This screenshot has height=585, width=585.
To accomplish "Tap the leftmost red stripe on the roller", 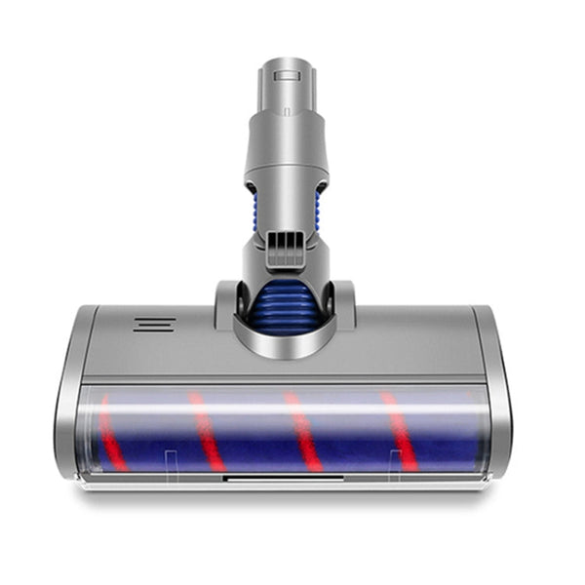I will point(112,435).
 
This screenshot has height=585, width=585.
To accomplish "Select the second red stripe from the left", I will point(205,432).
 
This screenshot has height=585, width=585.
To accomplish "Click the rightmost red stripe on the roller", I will point(400,431).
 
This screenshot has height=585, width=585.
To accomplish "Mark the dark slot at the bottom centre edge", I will point(283,479).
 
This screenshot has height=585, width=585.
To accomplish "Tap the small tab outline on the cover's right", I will point(396,458).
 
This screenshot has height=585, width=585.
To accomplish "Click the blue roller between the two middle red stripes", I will point(253,434).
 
